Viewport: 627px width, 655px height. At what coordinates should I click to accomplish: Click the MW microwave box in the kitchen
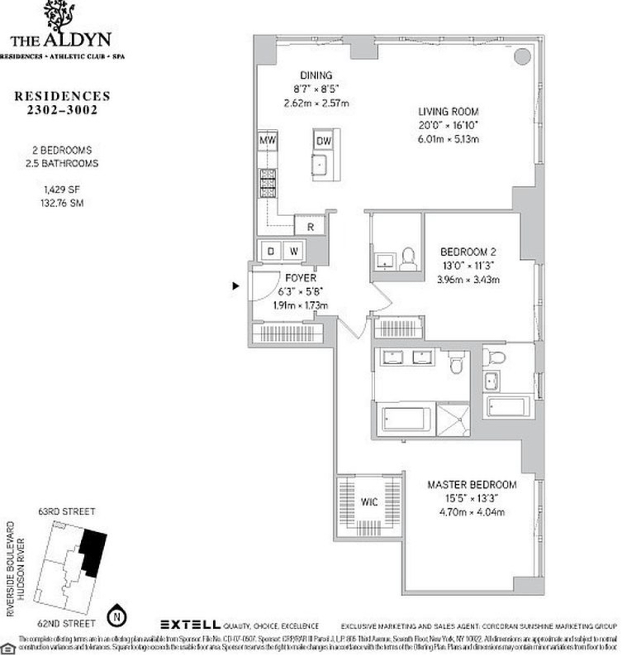pos(267,141)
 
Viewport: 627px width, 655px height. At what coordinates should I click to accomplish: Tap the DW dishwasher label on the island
pos(324,141)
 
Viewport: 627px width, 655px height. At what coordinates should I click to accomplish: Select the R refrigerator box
pos(310,227)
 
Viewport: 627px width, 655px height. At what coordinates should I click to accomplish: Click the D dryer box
pos(270,251)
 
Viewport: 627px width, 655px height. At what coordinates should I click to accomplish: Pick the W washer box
pos(294,251)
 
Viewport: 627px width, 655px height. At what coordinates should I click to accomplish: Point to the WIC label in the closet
pos(369,502)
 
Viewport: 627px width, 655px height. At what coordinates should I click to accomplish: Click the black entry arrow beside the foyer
pos(236,285)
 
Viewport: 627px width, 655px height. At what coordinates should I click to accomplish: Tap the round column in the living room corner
pos(522,56)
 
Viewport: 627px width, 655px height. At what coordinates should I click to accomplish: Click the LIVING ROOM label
pos(449,111)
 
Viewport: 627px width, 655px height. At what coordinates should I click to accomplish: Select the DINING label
pos(316,75)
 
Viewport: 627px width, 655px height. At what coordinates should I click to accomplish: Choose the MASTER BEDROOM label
pos(472,485)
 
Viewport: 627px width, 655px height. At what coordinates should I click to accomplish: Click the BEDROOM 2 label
pos(468,252)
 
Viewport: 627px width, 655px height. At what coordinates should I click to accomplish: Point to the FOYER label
pos(300,278)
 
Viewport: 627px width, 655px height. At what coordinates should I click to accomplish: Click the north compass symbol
pos(116,617)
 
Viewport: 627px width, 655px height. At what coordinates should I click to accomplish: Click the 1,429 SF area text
pos(62,190)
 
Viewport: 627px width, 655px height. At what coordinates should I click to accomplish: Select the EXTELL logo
pos(190,625)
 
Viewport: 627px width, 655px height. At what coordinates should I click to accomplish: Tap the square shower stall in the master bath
pos(453,419)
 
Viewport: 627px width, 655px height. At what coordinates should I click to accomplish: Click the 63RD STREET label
pos(67,511)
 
